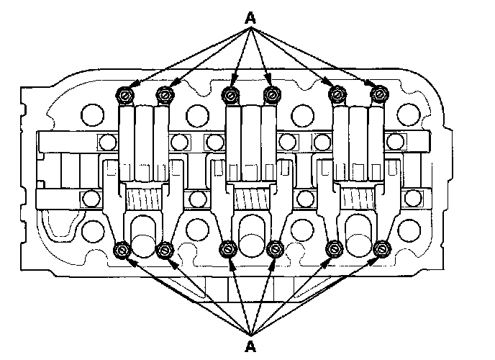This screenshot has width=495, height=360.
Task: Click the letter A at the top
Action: [250, 17]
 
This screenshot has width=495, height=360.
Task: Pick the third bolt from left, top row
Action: [230, 94]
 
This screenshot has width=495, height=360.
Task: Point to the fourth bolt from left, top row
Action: [272, 94]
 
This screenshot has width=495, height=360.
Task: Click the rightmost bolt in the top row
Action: [378, 94]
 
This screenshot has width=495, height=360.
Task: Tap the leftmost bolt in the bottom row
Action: [122, 250]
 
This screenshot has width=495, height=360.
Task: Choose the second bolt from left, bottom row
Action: [165, 250]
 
